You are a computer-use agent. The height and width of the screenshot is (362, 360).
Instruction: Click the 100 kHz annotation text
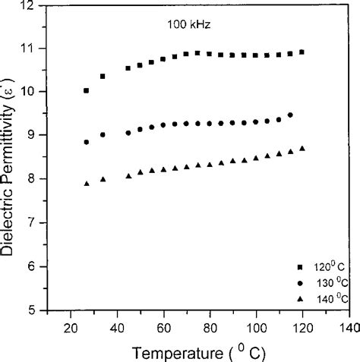(x=188, y=24)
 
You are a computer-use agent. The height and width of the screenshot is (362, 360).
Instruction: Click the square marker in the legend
(x=300, y=267)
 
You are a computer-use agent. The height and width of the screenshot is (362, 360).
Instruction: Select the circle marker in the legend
(x=300, y=282)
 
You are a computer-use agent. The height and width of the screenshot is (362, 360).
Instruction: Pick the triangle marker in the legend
(x=300, y=297)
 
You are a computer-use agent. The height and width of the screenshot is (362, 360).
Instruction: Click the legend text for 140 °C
(x=333, y=298)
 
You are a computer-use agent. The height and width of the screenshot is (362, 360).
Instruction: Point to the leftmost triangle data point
(x=87, y=184)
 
